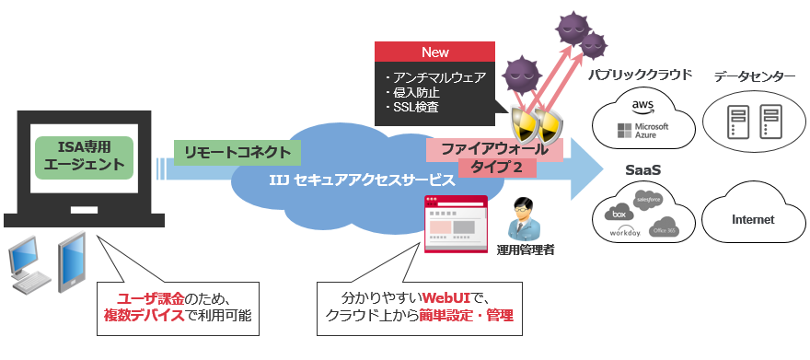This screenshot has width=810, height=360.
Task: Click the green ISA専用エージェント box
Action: tap(83, 157)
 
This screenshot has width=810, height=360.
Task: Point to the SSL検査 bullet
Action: tap(415, 108)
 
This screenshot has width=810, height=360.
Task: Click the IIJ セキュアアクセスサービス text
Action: tap(363, 180)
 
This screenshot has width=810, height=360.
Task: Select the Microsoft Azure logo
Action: tap(643, 131)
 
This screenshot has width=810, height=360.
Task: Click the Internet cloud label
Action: tap(752, 219)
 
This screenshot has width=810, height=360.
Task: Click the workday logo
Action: tap(624, 233)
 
